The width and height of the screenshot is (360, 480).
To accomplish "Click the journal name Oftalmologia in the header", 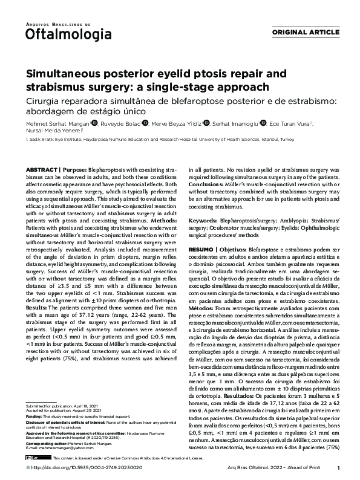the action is point(59,34).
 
